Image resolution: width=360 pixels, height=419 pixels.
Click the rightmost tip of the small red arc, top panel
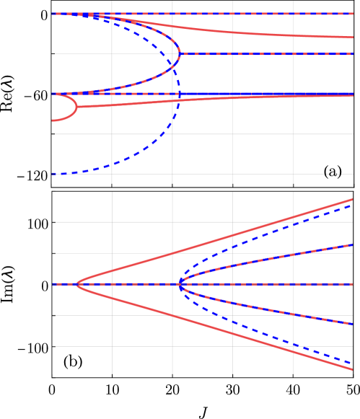point(76,107)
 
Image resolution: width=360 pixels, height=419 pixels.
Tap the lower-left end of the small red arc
point(53,120)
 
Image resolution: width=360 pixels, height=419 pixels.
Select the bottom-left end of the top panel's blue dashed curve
point(53,175)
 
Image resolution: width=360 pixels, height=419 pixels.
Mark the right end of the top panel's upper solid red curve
point(353,38)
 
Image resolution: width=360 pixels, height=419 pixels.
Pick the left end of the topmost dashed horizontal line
point(53,14)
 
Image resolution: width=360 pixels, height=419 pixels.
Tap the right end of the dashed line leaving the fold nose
point(353,54)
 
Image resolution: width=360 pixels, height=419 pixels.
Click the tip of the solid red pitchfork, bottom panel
point(76,284)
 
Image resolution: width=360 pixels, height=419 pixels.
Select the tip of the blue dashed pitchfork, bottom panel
point(177,284)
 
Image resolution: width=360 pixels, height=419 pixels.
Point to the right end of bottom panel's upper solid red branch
point(353,200)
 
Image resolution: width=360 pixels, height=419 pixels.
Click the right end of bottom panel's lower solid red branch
point(353,369)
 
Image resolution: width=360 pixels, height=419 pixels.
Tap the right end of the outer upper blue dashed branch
point(353,206)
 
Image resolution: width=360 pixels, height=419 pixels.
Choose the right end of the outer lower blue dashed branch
point(353,363)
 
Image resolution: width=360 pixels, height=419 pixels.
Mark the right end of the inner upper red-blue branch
point(353,245)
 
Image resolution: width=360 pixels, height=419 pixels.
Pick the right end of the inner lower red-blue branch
point(353,324)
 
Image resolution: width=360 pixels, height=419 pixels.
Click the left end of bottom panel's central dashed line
point(53,284)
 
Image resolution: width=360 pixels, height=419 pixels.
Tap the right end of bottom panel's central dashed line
point(353,284)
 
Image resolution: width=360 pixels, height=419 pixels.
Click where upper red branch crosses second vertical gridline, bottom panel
point(172,253)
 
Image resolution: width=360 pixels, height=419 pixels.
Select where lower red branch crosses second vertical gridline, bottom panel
point(172,315)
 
